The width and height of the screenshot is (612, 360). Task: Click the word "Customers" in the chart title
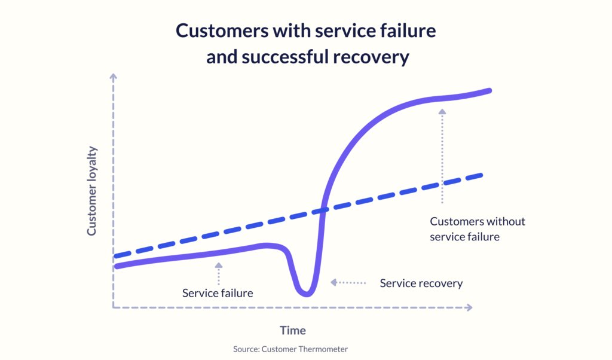[222, 30]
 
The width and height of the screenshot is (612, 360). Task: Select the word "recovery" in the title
[371, 57]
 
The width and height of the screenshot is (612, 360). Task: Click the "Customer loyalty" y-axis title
[91, 191]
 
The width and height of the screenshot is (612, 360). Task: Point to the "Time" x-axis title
[293, 330]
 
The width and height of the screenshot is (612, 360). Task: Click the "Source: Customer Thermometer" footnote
[290, 349]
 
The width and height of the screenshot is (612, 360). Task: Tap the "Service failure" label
[218, 293]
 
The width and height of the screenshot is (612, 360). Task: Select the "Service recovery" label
[421, 283]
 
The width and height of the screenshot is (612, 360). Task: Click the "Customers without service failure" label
[478, 229]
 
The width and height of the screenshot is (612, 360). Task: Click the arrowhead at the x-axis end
[469, 307]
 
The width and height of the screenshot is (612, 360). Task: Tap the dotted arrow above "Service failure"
[219, 274]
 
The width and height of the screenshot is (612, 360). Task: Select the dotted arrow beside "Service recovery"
[348, 282]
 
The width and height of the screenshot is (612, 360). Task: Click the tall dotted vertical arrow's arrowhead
[442, 111]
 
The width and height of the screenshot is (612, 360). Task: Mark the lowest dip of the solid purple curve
[307, 294]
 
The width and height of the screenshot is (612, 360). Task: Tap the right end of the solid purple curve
[489, 90]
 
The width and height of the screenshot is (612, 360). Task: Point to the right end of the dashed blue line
[482, 175]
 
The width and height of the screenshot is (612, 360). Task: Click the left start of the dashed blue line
[115, 257]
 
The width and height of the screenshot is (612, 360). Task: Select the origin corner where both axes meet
[113, 307]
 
